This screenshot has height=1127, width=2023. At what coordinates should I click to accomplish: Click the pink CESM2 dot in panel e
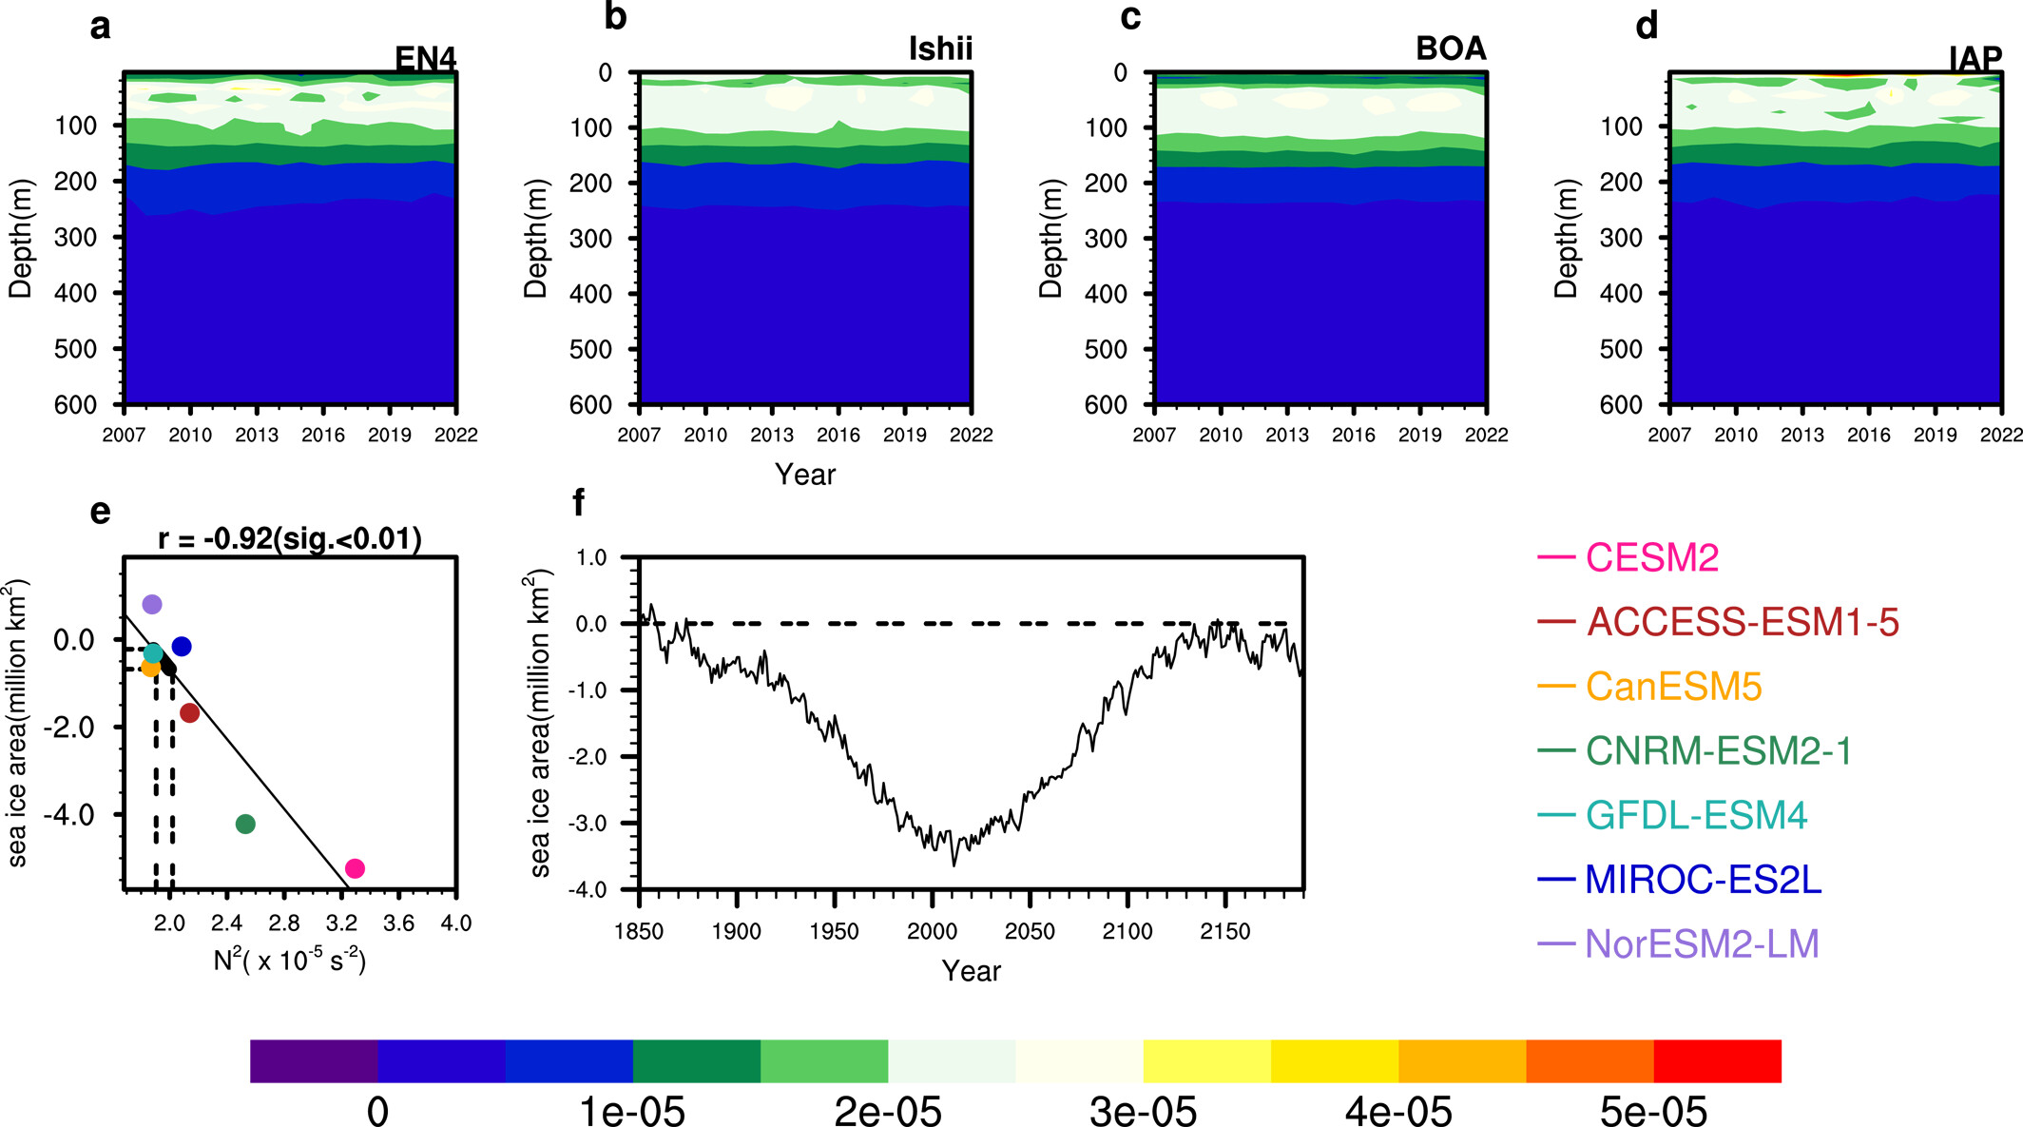[x=355, y=868]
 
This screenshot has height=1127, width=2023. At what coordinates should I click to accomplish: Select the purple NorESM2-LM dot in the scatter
[x=152, y=604]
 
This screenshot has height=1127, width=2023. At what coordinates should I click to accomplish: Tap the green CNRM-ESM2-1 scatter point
[x=245, y=824]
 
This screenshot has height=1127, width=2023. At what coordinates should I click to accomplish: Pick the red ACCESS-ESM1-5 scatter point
[x=189, y=712]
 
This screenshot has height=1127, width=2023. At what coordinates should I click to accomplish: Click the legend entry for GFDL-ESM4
[x=1696, y=815]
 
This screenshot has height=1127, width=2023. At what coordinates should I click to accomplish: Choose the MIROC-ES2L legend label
[x=1703, y=880]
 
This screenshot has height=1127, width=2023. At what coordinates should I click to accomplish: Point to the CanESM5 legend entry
[x=1673, y=687]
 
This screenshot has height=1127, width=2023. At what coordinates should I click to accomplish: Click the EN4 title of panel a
[x=425, y=59]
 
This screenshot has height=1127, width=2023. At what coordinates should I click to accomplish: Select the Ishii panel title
[x=940, y=49]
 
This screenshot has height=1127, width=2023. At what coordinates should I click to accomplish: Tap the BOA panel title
[x=1451, y=49]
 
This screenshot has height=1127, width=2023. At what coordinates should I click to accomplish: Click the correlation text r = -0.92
[x=290, y=539]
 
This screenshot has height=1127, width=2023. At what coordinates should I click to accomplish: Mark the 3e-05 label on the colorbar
[x=1143, y=1111]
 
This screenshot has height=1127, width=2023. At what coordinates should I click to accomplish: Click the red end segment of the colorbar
[x=1717, y=1060]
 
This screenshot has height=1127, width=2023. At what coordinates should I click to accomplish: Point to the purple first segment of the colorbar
[x=314, y=1060]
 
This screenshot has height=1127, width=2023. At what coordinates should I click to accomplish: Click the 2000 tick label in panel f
[x=932, y=932]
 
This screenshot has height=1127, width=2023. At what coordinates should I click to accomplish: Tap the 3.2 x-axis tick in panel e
[x=341, y=923]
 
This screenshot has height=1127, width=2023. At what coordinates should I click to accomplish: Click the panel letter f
[x=578, y=502]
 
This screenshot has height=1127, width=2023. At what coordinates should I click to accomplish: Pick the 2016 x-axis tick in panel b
[x=838, y=436]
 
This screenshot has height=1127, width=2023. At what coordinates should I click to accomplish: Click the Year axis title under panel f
[x=971, y=971]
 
